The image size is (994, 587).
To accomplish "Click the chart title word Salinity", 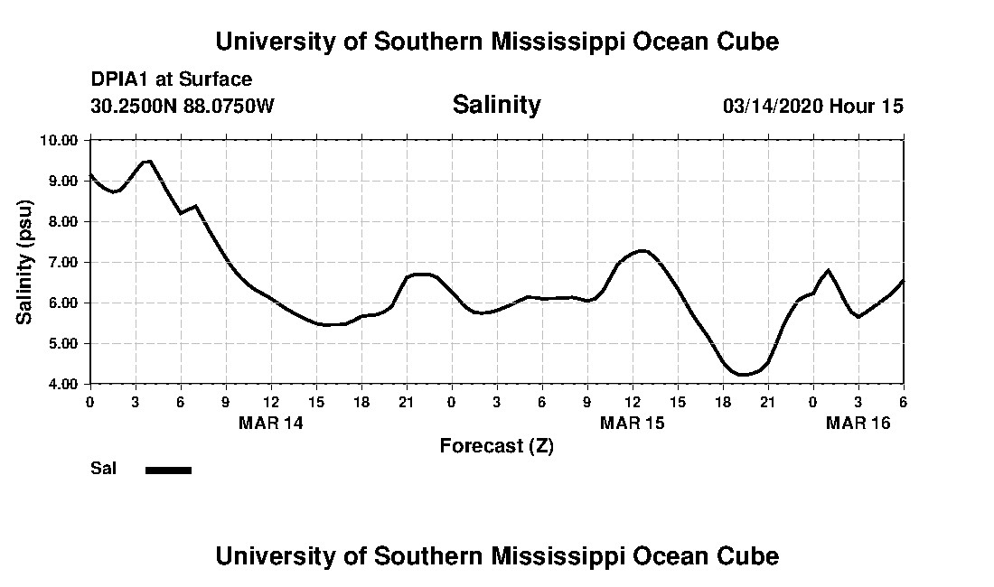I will [x=496, y=105].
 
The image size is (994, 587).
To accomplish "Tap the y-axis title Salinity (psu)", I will [x=24, y=262].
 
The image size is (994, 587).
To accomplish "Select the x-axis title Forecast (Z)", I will [x=496, y=446].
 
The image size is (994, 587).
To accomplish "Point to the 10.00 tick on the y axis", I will [x=60, y=140].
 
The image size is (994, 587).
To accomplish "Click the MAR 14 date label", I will [x=271, y=423].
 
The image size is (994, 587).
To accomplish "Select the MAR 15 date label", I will [x=633, y=423].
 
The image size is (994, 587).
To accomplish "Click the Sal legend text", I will [x=104, y=469].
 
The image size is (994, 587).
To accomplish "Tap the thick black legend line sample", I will [x=168, y=470].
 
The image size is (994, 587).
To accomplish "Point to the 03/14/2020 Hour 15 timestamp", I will [x=812, y=107].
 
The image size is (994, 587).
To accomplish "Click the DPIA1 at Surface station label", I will [x=172, y=80].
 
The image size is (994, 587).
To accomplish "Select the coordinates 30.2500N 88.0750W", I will [x=183, y=107].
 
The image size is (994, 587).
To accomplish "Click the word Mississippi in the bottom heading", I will [x=558, y=555].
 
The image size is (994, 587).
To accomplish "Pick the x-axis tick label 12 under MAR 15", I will [x=633, y=402].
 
